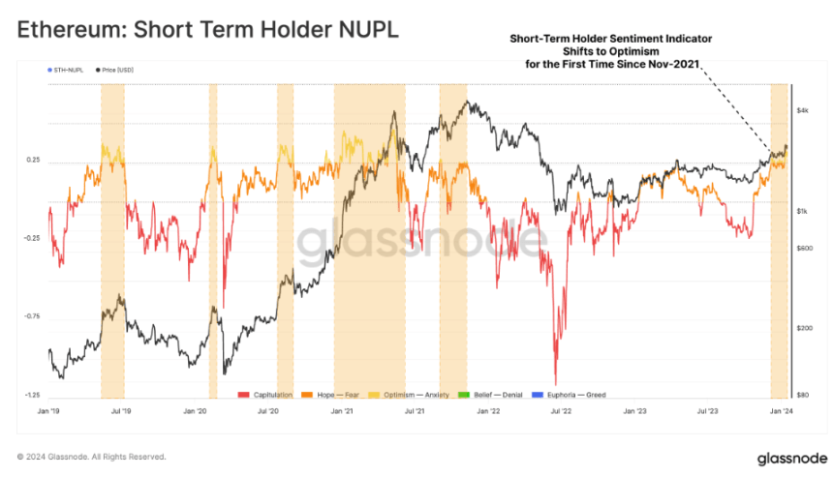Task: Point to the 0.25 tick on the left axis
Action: click(x=32, y=161)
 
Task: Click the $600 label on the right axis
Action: click(x=803, y=249)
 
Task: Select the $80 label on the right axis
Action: click(x=802, y=396)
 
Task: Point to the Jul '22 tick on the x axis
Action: click(x=560, y=412)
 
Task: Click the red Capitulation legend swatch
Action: click(x=244, y=395)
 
